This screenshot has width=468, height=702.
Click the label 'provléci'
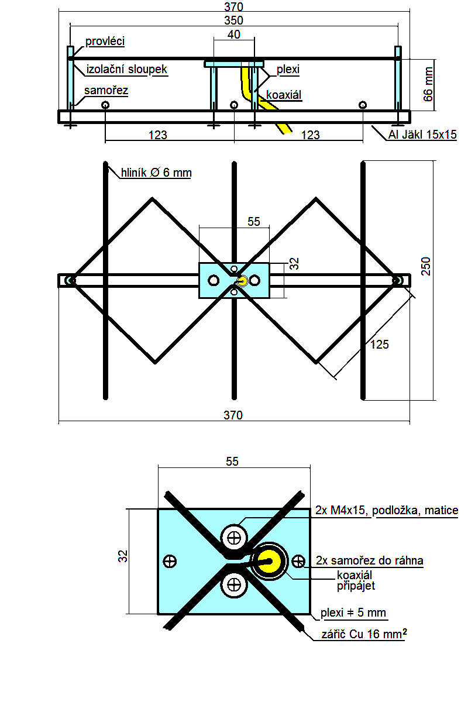click(x=105, y=42)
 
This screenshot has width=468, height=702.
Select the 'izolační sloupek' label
click(x=126, y=69)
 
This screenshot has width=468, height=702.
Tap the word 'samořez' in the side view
click(x=106, y=91)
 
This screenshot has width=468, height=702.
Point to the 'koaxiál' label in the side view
click(x=284, y=95)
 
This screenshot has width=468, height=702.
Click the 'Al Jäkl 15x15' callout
click(x=422, y=135)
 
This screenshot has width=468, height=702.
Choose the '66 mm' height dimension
click(x=428, y=84)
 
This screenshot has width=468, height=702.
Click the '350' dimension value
click(x=233, y=20)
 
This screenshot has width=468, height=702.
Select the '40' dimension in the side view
click(x=234, y=35)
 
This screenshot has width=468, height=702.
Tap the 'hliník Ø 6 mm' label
click(x=156, y=173)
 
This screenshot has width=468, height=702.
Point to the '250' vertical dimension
click(x=426, y=266)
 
